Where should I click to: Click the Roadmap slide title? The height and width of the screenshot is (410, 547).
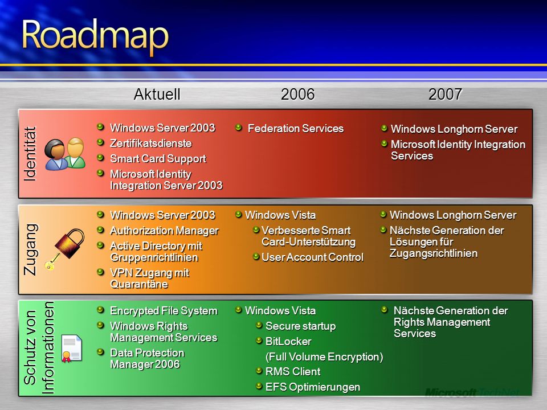point(95,36)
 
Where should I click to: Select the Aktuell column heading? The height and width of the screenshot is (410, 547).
point(157,94)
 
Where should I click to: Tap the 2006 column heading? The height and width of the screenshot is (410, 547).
point(297,94)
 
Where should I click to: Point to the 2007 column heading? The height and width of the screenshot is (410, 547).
point(445,94)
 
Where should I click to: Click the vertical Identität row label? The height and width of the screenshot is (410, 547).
point(30,154)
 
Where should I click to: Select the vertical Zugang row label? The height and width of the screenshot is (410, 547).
point(31,249)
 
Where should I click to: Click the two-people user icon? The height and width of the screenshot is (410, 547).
point(65,154)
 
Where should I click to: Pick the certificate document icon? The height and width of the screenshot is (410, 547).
point(72,348)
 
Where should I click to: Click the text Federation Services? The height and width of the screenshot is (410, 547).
point(296,128)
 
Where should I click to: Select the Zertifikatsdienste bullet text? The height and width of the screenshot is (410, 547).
point(150,143)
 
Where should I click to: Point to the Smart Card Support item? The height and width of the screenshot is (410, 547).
point(158,159)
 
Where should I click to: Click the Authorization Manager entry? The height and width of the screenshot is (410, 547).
point(164,231)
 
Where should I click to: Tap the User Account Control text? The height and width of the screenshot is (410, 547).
point(313,257)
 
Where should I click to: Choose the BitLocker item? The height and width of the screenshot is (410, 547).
point(288,341)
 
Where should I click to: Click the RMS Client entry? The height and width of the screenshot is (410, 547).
point(293,372)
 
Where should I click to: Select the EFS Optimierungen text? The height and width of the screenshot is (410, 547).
point(313,387)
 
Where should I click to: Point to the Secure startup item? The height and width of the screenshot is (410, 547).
point(300,326)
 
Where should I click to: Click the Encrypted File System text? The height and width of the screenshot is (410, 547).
point(164,311)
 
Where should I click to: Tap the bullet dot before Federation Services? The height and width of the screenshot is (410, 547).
point(239,128)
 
